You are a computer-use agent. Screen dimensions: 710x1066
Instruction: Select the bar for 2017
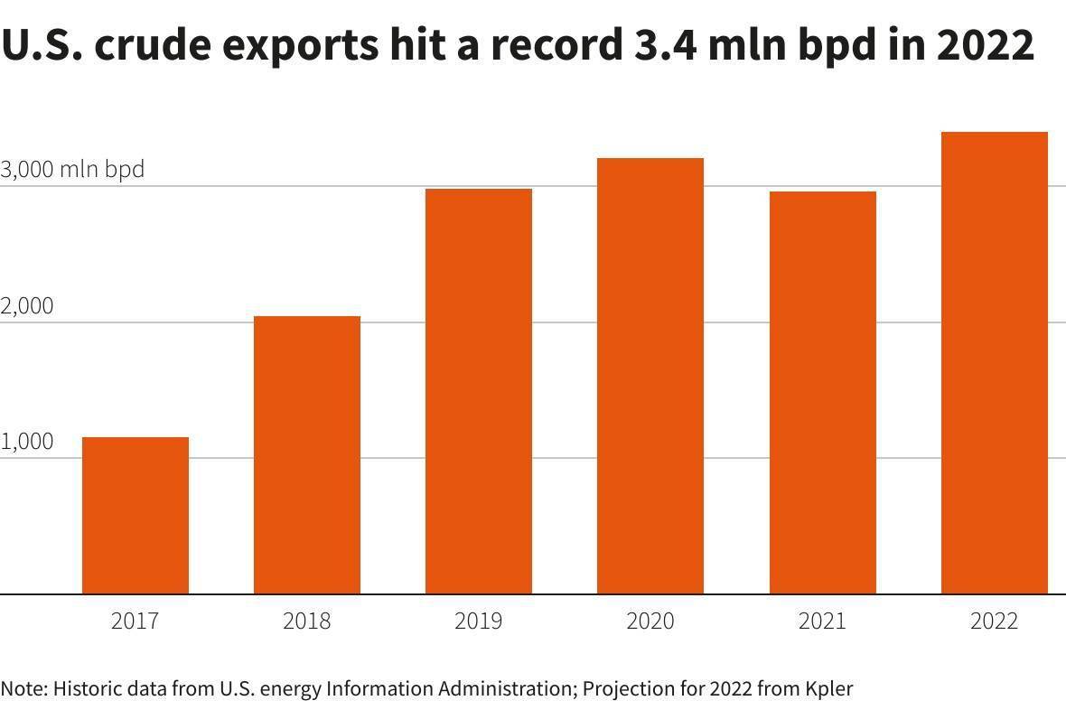coord(136,515)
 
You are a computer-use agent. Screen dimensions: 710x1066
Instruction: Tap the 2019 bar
coord(479,391)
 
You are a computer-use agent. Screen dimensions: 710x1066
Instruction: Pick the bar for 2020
coord(650,376)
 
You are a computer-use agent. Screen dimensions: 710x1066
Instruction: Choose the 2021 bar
coord(822,392)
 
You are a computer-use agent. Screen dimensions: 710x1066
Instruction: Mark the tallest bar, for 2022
coord(994,362)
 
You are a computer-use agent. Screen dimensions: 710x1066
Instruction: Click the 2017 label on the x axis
coord(136,621)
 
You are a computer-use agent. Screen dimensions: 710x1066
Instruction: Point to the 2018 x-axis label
coord(307,621)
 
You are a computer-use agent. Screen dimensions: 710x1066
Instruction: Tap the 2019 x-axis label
coord(479,621)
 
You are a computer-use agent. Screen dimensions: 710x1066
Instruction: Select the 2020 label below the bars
coord(650,621)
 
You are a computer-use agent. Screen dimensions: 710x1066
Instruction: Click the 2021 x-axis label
coord(822,621)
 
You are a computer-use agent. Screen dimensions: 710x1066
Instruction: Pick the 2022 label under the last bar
coord(994,621)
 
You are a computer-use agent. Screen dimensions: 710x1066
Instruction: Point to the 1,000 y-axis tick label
coord(27,442)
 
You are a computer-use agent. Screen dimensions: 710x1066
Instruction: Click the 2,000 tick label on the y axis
coord(27,306)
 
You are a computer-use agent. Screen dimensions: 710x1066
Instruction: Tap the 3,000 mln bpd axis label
coord(72,169)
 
